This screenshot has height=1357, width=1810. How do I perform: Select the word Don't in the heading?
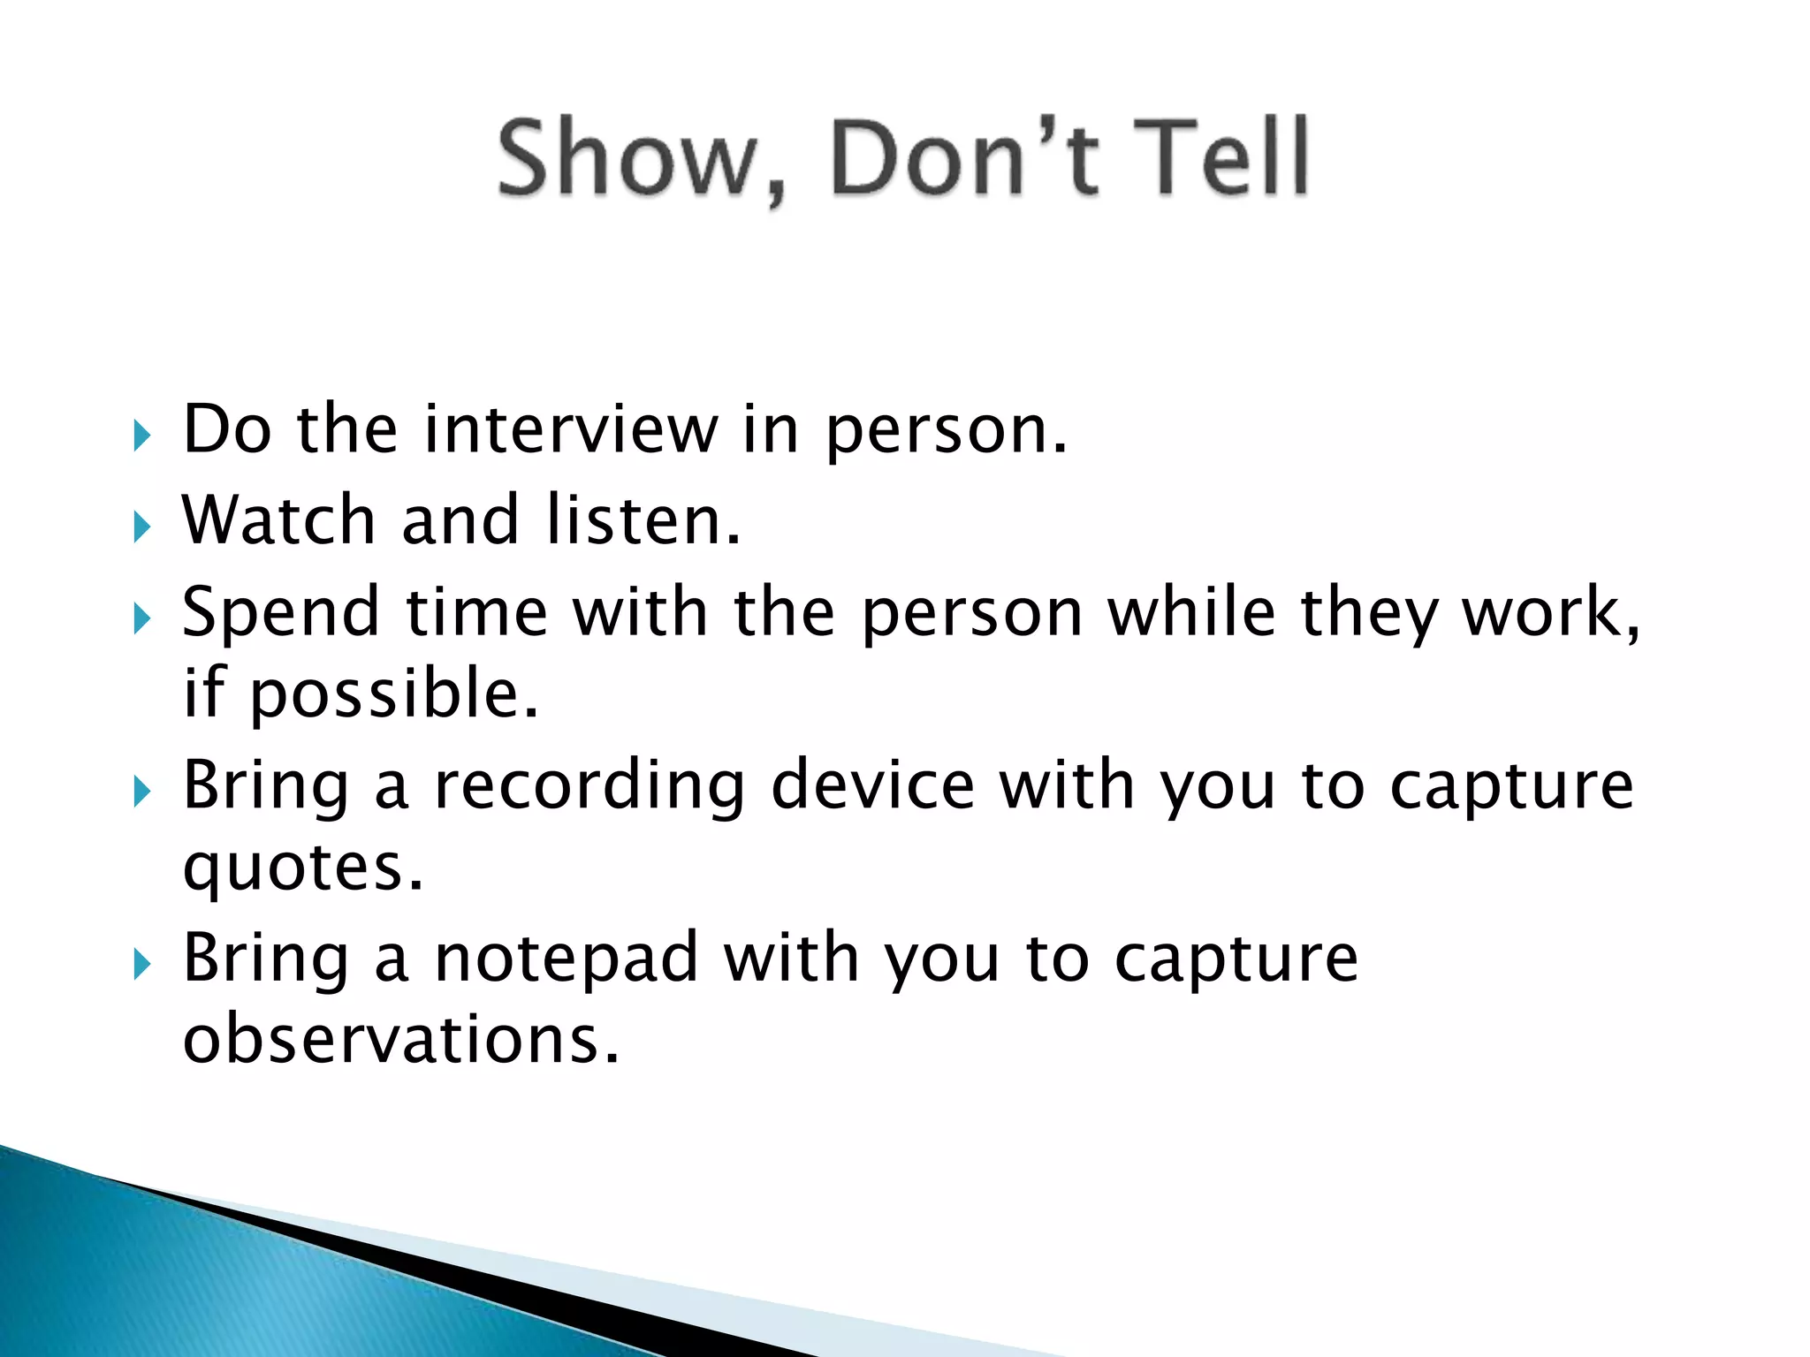coord(965,158)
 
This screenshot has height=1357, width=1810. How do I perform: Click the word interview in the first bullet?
coord(571,429)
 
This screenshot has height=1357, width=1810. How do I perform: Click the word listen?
coord(643,520)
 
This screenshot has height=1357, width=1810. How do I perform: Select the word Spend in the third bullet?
coord(281,614)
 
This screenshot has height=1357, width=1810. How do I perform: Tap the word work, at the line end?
coord(1551,612)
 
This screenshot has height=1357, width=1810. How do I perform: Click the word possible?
coord(394,694)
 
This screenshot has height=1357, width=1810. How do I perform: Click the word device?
coord(873,785)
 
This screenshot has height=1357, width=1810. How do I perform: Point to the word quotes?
coord(303,868)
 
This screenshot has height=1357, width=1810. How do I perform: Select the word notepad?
coord(567,959)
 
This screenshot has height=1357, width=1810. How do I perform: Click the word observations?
coord(401,1040)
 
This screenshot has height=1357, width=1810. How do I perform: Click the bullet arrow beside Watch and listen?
coord(141,527)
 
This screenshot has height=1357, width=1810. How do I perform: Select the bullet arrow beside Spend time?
coord(141,618)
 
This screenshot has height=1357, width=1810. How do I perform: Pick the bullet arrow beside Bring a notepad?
coord(141,965)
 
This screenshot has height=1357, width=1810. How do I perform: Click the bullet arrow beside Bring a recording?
coord(141,792)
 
